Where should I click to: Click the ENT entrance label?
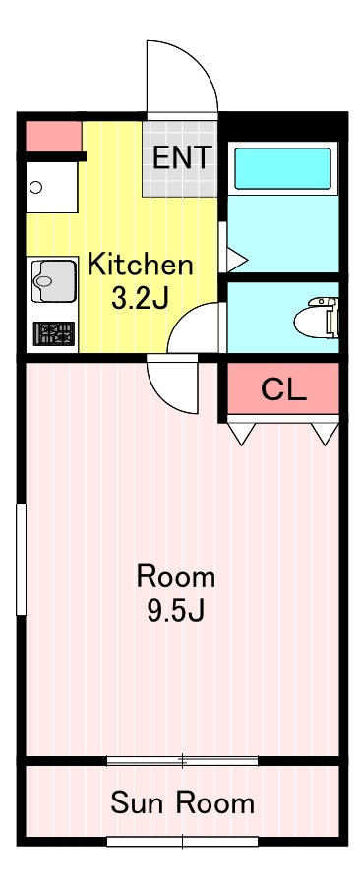click(x=182, y=157)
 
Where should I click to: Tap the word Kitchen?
click(x=140, y=265)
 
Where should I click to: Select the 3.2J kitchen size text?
click(x=140, y=299)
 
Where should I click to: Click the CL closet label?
click(x=283, y=389)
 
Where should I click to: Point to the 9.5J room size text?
click(x=176, y=611)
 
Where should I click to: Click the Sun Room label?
click(x=183, y=803)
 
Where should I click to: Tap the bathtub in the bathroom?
click(x=282, y=168)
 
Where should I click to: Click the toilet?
click(x=316, y=318)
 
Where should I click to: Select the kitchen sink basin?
click(x=54, y=280)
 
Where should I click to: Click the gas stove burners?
click(x=54, y=332)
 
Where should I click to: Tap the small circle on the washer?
click(x=35, y=187)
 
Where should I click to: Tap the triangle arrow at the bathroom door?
click(x=236, y=261)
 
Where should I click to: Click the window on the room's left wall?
click(x=22, y=559)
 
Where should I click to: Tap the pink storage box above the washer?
click(x=54, y=137)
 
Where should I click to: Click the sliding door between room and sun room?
click(x=183, y=761)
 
